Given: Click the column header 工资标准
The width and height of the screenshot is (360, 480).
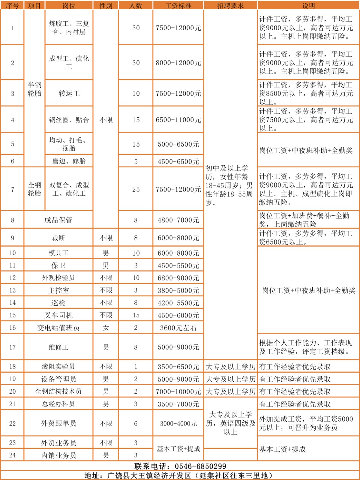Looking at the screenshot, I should pyautogui.click(x=178, y=6).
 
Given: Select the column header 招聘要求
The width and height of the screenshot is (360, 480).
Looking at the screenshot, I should pyautogui.click(x=230, y=6).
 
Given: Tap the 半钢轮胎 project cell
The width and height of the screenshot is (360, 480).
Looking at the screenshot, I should pyautogui.click(x=34, y=89).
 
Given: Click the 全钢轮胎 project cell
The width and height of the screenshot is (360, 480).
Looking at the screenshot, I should pyautogui.click(x=34, y=189).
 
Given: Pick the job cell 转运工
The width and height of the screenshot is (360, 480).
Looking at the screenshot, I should pyautogui.click(x=69, y=94).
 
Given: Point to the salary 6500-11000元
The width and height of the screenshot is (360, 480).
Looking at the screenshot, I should pyautogui.click(x=178, y=120).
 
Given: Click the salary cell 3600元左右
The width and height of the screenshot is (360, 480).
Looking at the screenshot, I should pyautogui.click(x=178, y=328).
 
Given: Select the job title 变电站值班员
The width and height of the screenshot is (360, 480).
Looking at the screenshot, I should pyautogui.click(x=58, y=328).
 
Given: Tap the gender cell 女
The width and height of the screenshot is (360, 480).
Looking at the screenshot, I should pyautogui.click(x=106, y=328).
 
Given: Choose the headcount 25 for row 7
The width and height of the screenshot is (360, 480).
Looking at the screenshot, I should pyautogui.click(x=136, y=190).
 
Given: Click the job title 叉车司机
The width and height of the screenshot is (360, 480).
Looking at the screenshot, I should pyautogui.click(x=58, y=315).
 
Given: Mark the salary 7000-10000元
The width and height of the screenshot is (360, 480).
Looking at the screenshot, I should pyautogui.click(x=178, y=391).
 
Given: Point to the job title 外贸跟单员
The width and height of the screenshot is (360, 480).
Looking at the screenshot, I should pyautogui.click(x=58, y=423).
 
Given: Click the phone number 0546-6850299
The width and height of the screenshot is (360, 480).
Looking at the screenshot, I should pyautogui.click(x=200, y=466).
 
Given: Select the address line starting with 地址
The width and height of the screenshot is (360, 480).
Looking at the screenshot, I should pyautogui.click(x=179, y=475).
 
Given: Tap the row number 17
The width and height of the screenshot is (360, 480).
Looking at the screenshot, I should pyautogui.click(x=12, y=347).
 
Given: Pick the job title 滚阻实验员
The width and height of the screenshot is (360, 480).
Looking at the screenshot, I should pyautogui.click(x=58, y=367).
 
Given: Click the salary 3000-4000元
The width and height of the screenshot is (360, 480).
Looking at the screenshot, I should pyautogui.click(x=178, y=424).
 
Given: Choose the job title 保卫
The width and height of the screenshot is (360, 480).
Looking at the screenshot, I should pyautogui.click(x=58, y=265).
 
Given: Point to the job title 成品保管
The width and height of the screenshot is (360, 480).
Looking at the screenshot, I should pyautogui.click(x=58, y=220).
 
